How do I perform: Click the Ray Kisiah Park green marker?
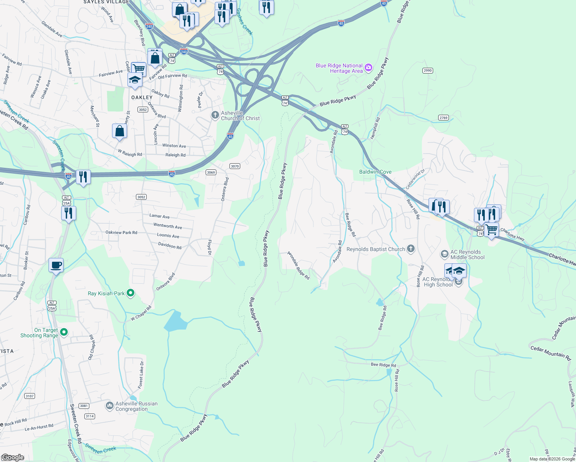(131, 293)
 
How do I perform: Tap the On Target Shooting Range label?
(39, 333)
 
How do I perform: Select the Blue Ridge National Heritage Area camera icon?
(368, 68)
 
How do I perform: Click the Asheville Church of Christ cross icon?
(215, 115)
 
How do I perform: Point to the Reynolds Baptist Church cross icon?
(411, 249)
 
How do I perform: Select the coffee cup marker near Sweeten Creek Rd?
(56, 265)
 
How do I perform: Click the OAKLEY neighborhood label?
(142, 97)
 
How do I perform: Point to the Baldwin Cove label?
(375, 172)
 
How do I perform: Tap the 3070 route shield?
(234, 166)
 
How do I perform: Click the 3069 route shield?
(211, 172)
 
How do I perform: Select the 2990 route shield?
(427, 70)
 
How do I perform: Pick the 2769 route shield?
(443, 118)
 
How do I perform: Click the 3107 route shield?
(30, 396)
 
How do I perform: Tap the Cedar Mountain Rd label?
(550, 353)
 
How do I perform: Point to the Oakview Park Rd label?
(121, 233)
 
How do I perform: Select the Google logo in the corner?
(13, 457)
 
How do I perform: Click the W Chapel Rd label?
(141, 313)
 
